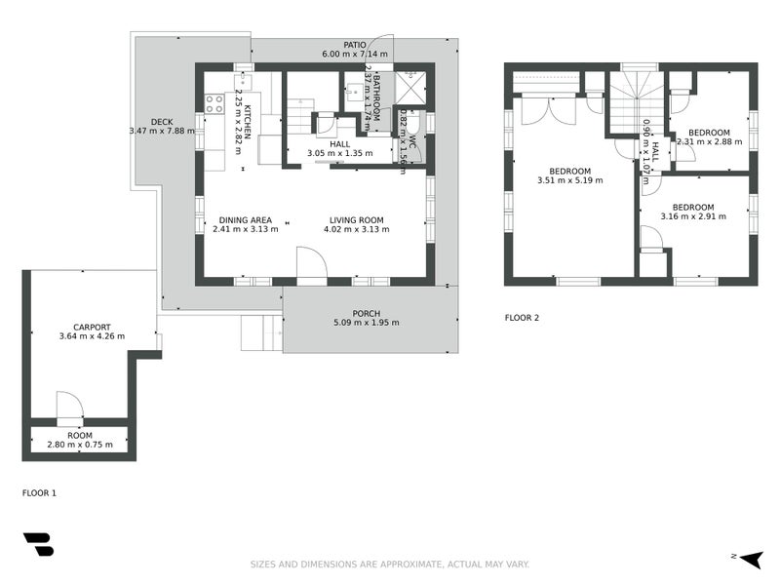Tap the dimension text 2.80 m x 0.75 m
coord(80,445)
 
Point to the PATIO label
coord(354,44)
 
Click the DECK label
coord(162,122)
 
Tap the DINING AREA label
coord(245,219)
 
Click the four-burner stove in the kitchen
coord(214,103)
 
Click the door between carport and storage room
coord(68,408)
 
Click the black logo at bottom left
coord(38,544)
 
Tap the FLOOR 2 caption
coord(522,318)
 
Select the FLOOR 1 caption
coord(39,493)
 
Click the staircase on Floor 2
coord(636,102)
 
